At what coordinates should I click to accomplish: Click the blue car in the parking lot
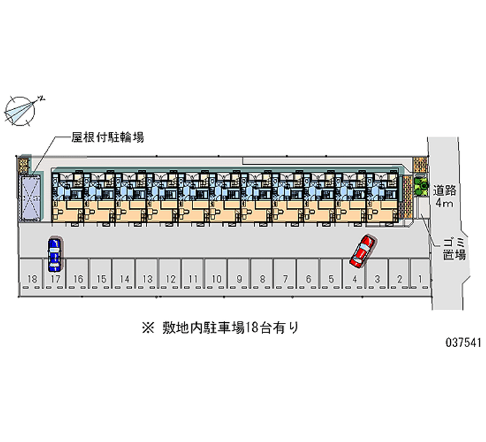[x=54, y=254]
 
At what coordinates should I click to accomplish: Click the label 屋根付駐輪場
[x=108, y=137]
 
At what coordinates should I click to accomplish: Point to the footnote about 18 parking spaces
[x=220, y=328]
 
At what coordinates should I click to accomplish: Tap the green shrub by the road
[x=420, y=185]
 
